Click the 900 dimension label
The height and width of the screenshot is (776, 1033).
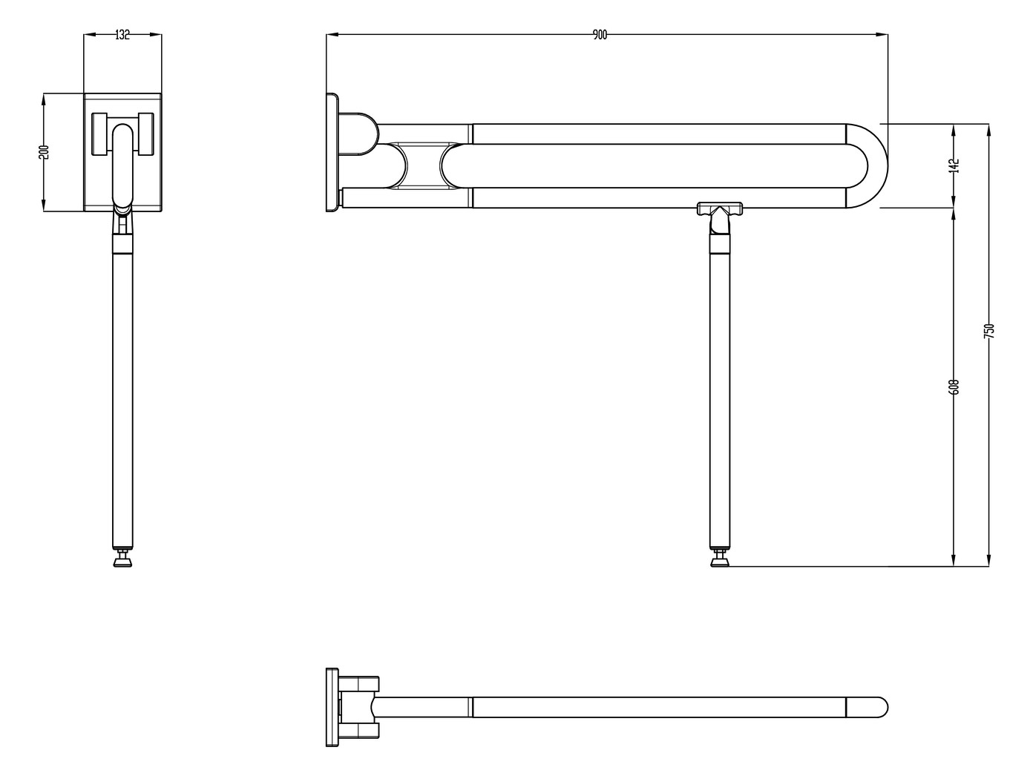pyautogui.click(x=600, y=34)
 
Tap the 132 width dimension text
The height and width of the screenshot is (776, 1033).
pyautogui.click(x=122, y=34)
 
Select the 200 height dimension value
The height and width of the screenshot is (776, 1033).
pyautogui.click(x=43, y=151)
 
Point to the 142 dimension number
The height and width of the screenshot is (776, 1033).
pyautogui.click(x=954, y=165)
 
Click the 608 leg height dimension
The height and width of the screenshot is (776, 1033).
pyautogui.click(x=954, y=387)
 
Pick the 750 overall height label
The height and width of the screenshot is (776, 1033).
pyautogui.click(x=988, y=331)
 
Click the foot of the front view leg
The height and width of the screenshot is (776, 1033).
pyautogui.click(x=122, y=561)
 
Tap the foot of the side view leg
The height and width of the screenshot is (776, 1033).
pyautogui.click(x=718, y=560)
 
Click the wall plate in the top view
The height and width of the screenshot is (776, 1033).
pyautogui.click(x=331, y=707)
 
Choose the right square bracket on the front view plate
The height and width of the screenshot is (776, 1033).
pyautogui.click(x=145, y=134)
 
